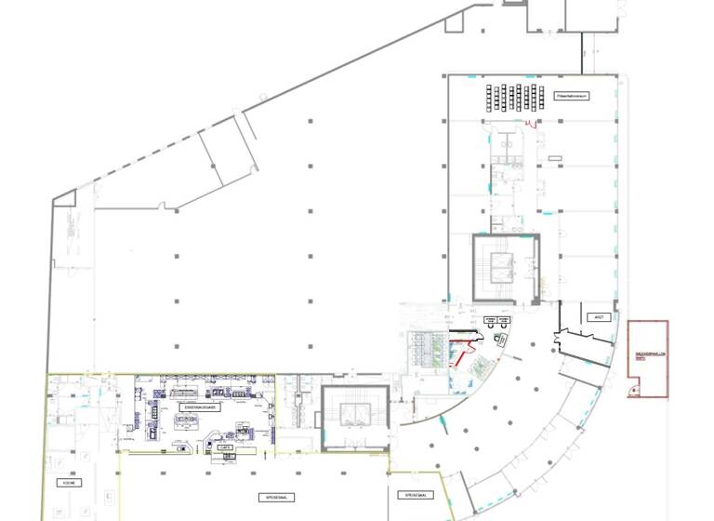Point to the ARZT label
click(x=599, y=317)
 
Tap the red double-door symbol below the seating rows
click(x=531, y=124)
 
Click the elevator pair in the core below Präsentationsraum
click(x=505, y=267)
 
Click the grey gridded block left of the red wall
click(x=428, y=349)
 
